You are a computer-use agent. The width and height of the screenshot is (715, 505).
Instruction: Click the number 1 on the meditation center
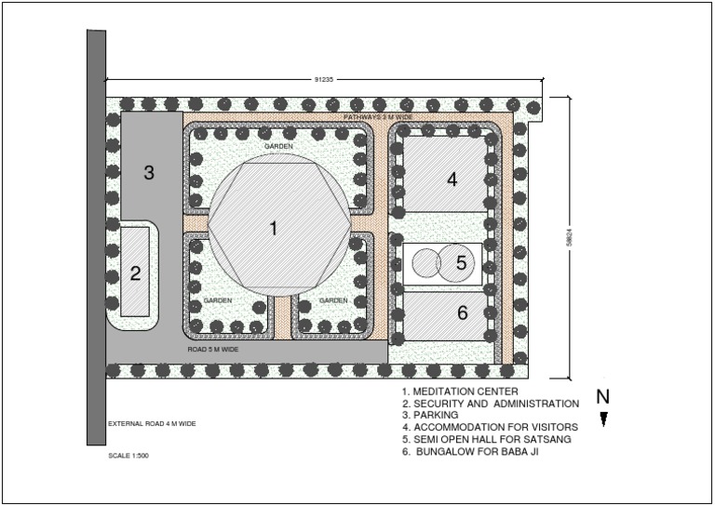tap(274, 228)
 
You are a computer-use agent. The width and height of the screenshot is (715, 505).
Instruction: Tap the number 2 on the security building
tap(135, 273)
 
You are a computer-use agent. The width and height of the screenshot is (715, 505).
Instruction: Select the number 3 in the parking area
tap(148, 172)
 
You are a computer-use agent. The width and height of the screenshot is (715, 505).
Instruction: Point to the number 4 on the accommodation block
tap(452, 179)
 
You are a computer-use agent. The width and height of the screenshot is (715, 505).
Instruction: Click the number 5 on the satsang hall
tap(461, 264)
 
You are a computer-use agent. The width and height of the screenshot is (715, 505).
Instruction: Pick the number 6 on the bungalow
tap(462, 313)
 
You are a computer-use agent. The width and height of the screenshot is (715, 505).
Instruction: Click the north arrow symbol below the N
tap(603, 419)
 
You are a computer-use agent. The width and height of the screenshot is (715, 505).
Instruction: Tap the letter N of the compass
tap(602, 397)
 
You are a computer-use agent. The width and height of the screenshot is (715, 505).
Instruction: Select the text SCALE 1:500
tap(128, 457)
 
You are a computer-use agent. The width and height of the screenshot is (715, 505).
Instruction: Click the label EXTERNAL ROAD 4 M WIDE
tap(152, 423)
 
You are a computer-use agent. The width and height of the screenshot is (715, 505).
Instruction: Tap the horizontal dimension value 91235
tap(325, 80)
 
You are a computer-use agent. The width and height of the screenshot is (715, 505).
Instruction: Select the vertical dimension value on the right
tap(579, 238)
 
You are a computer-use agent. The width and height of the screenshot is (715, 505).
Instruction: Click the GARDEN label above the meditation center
tap(278, 147)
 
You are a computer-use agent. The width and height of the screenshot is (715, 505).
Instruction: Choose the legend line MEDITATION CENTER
tap(459, 392)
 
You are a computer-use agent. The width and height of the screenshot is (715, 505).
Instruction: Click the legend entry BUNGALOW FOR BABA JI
tap(474, 451)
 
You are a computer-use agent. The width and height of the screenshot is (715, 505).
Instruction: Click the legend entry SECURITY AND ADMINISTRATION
tap(491, 404)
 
